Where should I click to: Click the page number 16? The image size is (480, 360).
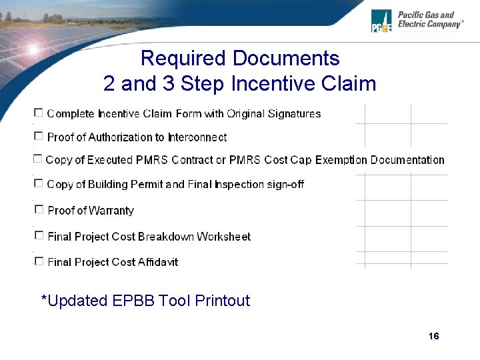(434, 336)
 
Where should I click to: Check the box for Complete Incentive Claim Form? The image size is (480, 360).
(39, 113)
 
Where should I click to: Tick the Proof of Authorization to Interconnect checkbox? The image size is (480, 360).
(39, 136)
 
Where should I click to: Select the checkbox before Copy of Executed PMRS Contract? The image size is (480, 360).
(38, 159)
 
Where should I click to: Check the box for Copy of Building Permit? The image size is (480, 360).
(39, 183)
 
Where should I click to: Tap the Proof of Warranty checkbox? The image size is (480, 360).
(39, 209)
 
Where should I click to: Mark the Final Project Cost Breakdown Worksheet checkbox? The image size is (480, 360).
(39, 235)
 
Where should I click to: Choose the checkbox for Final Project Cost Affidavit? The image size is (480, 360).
(39, 261)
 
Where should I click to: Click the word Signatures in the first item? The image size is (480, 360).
(294, 114)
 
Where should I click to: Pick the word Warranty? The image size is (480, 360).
(111, 211)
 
